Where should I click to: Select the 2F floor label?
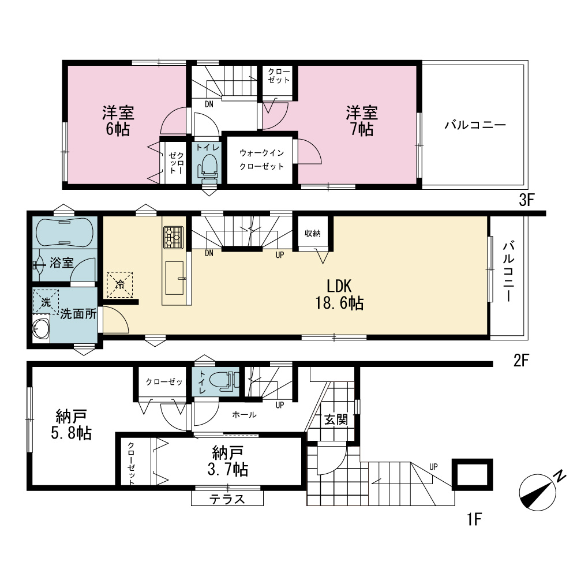[x=521, y=361]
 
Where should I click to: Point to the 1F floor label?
[x=474, y=519]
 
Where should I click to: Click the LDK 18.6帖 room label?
[x=339, y=295]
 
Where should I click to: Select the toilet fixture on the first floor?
[x=224, y=380]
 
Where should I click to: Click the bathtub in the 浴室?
[x=65, y=233]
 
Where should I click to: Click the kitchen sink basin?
[x=174, y=278]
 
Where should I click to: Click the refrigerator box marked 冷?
[x=119, y=284]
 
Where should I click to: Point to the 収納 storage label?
[x=312, y=233]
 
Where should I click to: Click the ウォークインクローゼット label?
[x=261, y=159]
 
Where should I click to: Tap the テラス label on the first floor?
[x=227, y=499]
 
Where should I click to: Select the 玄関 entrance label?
[x=336, y=419]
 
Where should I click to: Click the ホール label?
[x=244, y=415]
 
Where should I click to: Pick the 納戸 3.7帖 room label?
[x=228, y=461]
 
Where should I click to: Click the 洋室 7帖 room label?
[x=362, y=121]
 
